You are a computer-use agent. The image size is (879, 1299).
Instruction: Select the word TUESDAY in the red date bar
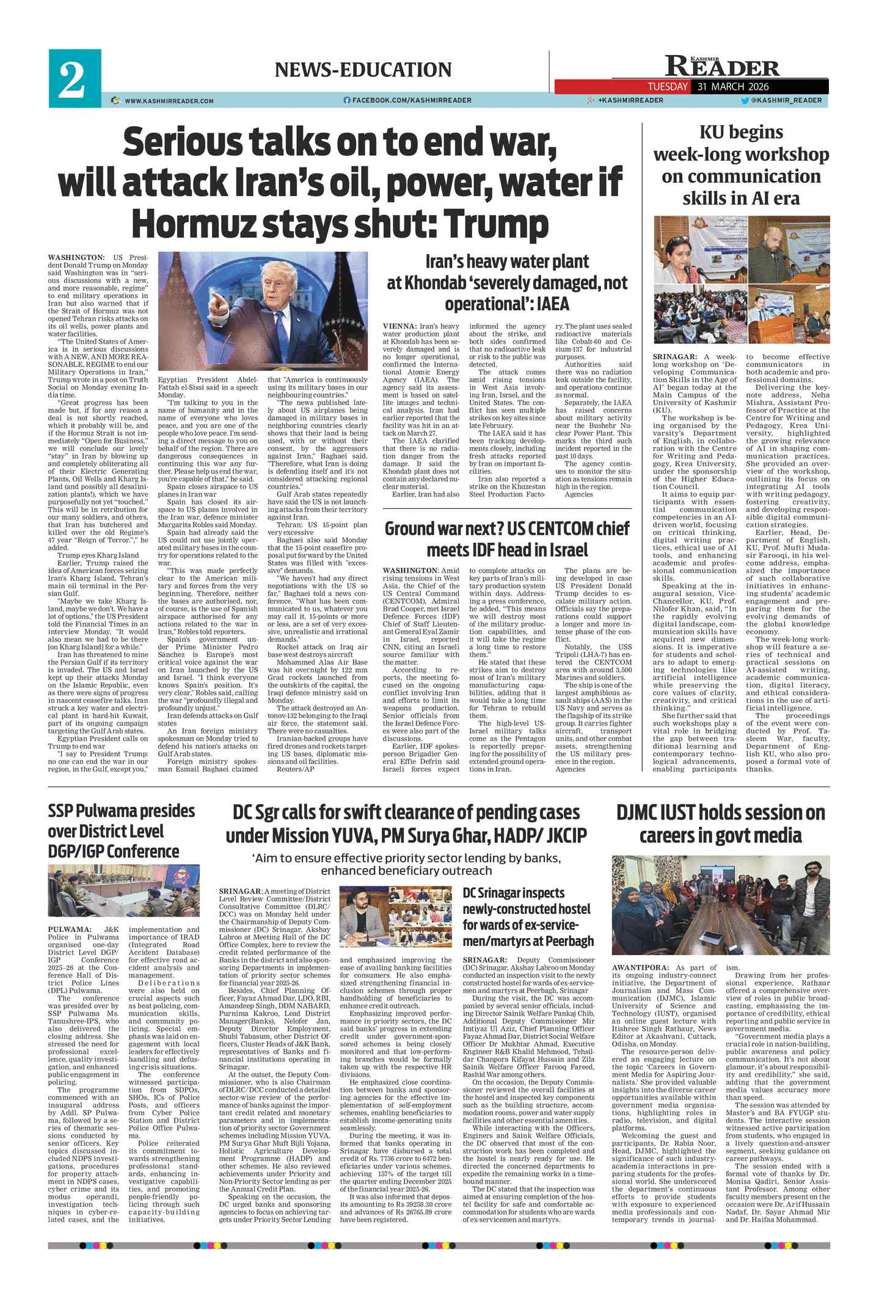tap(668, 87)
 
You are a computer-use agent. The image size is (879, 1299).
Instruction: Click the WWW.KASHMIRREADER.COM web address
tap(169, 101)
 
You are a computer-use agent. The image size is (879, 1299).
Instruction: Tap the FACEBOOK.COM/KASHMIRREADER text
tap(411, 100)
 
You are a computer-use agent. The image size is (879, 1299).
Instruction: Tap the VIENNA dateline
tap(399, 327)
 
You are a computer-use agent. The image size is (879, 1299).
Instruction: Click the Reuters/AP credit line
tap(296, 770)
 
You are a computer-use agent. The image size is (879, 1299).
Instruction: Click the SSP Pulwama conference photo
tap(124, 891)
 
